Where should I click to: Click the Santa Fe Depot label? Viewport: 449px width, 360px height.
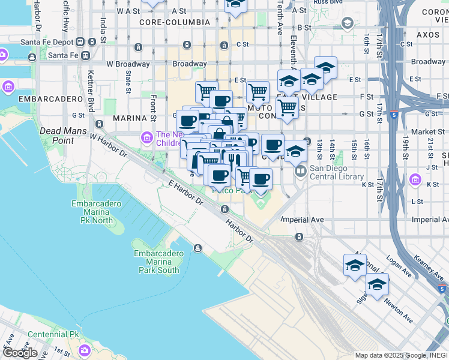[47, 42]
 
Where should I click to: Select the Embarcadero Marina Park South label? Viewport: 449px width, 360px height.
[156, 262]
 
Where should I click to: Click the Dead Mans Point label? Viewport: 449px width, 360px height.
[62, 135]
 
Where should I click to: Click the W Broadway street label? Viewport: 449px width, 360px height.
[128, 64]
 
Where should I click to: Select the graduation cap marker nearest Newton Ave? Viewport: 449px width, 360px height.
[377, 285]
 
